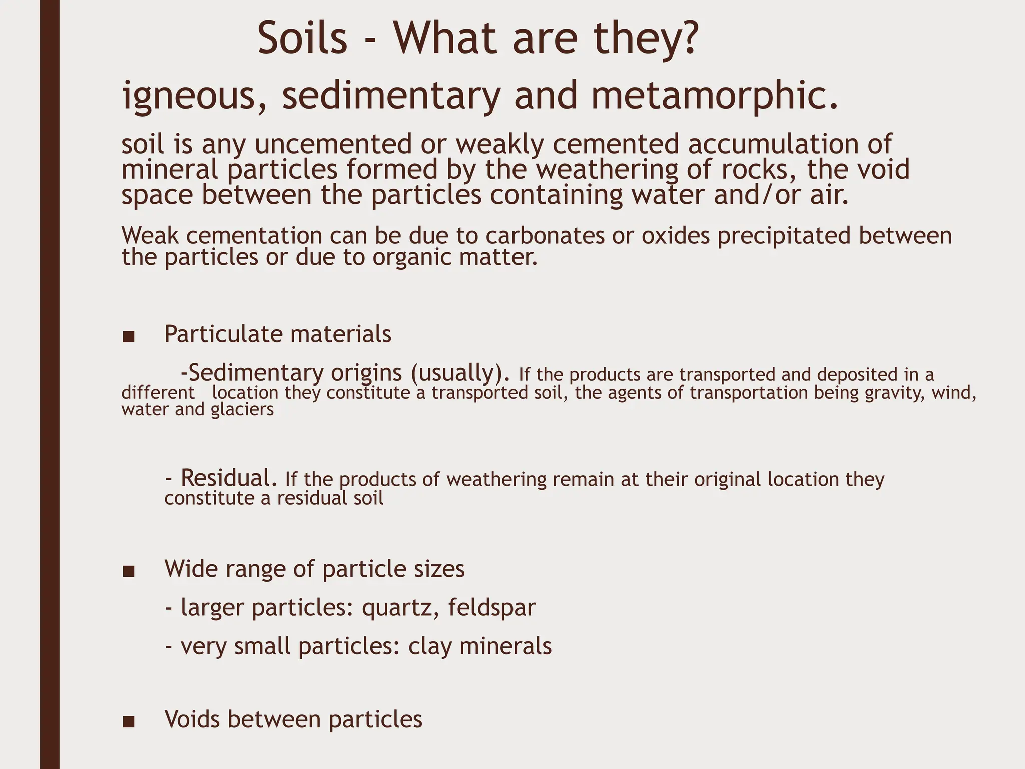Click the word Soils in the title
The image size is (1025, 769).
[x=302, y=39]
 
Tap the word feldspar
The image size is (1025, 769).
[x=492, y=608]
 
